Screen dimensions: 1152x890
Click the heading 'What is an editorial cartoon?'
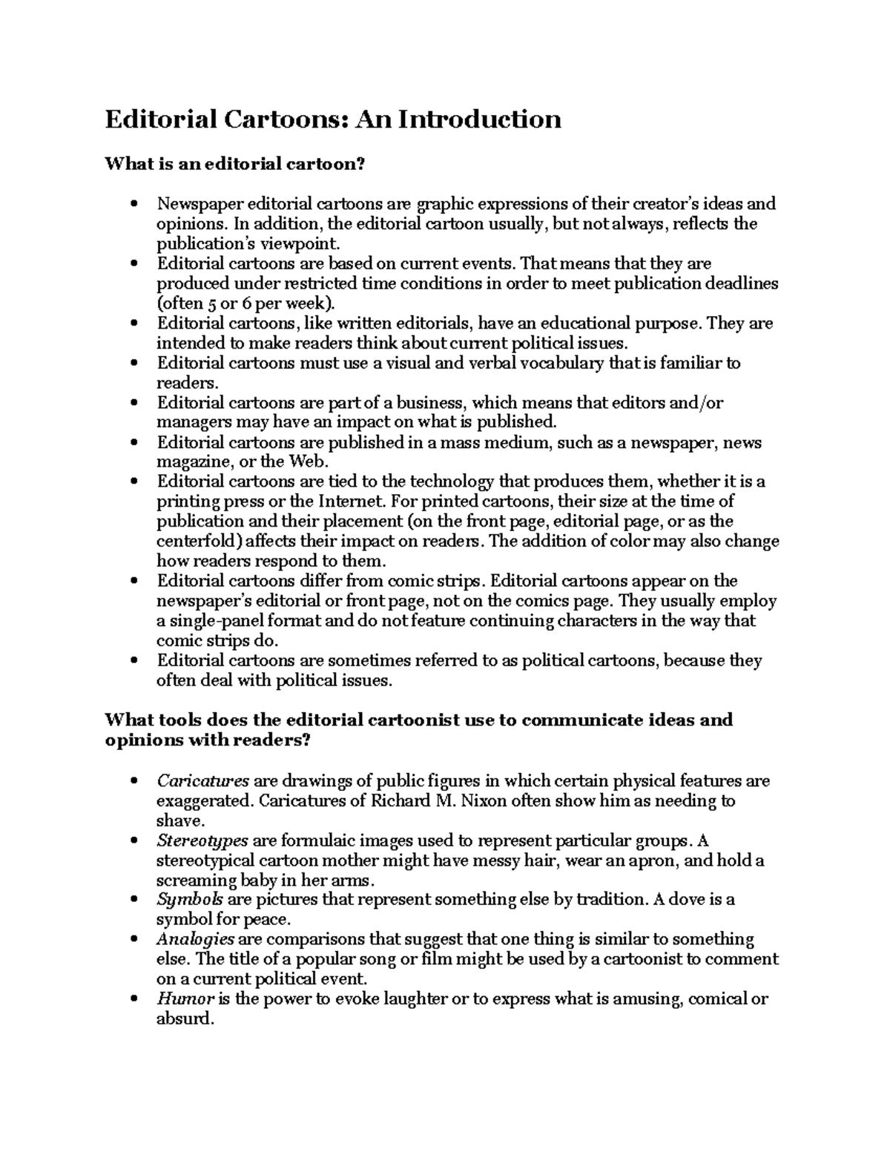[x=235, y=164]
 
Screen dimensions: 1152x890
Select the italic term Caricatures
[x=202, y=781]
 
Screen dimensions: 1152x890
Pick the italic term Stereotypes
[x=202, y=841]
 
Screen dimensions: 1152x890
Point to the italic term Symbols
[x=190, y=900]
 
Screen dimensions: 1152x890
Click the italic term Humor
[x=185, y=998]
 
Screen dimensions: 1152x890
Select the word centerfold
[x=194, y=541]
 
